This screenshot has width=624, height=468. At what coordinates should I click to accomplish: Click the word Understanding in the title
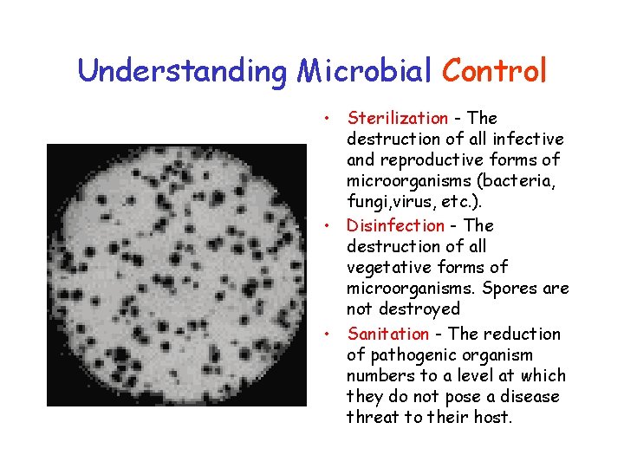(183, 71)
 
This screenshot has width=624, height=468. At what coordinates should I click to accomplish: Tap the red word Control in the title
(495, 71)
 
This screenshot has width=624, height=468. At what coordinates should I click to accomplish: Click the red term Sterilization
(398, 118)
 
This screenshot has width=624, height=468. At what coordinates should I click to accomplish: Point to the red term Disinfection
(395, 225)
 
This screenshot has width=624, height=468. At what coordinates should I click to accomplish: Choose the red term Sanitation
(388, 334)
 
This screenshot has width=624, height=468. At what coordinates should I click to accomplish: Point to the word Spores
(509, 288)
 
